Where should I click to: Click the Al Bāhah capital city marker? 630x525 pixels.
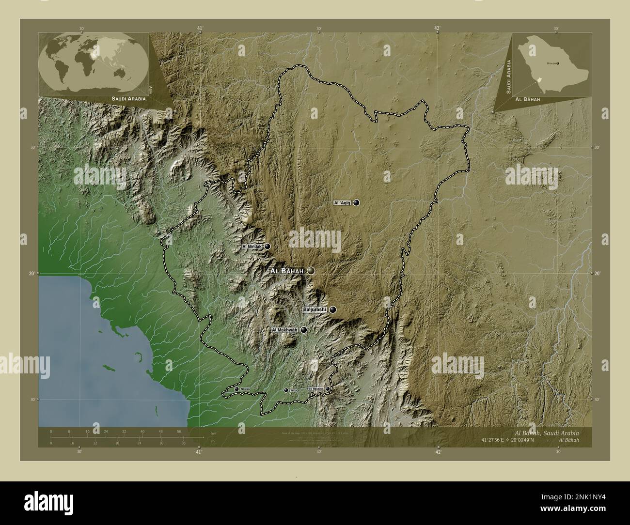[311, 271]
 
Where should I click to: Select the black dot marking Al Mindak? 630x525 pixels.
[267, 247]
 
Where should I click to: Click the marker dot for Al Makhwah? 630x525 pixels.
[303, 330]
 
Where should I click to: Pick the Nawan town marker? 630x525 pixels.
[236, 389]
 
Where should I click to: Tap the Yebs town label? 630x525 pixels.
[293, 390]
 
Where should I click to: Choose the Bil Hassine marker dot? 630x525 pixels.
[328, 388]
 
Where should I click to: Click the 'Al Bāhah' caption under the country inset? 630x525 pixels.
[528, 99]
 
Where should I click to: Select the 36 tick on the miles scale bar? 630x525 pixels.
[184, 441]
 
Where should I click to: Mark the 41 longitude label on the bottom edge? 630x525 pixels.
[199, 451]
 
